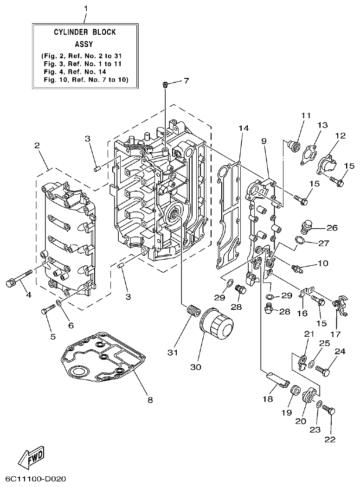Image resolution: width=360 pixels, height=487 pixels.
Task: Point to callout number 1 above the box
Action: point(85,8)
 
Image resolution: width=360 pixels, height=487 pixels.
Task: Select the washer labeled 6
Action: point(59,304)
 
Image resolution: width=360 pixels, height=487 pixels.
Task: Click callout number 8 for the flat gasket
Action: point(150,399)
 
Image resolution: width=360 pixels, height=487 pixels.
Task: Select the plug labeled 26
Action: point(305,227)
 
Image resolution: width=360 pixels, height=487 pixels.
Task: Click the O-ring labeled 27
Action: point(300,240)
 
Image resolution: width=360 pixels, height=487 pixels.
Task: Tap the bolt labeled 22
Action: point(328,410)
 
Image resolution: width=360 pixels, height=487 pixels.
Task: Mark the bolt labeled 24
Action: point(323,370)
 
